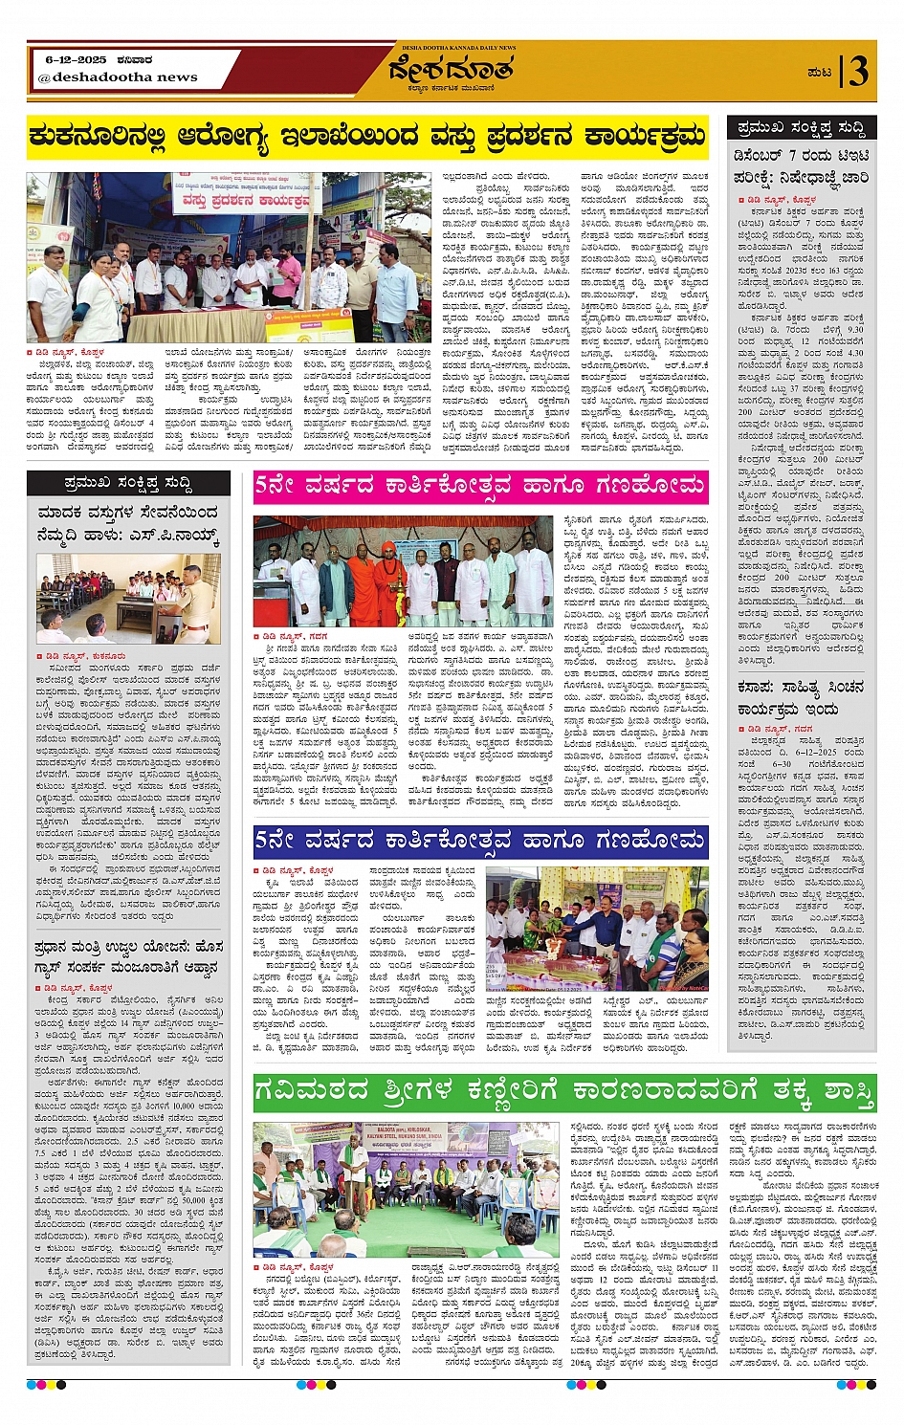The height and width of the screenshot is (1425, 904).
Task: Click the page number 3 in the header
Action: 858,71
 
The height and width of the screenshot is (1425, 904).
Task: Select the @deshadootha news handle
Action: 118,77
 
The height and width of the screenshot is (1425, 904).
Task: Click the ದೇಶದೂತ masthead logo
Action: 451,71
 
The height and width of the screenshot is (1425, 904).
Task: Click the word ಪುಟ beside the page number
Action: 819,73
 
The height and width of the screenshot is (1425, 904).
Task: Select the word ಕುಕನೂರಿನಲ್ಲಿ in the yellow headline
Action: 95,138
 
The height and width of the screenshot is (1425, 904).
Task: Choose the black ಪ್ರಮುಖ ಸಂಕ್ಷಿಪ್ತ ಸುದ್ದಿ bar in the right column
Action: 802,127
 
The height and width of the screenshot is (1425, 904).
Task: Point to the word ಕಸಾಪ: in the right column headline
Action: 756,688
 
